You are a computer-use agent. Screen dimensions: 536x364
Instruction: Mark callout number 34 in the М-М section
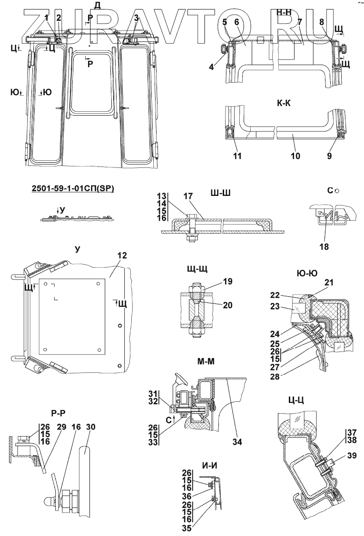point(237,442)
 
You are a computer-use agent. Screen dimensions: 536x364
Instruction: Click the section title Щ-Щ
point(196,270)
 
